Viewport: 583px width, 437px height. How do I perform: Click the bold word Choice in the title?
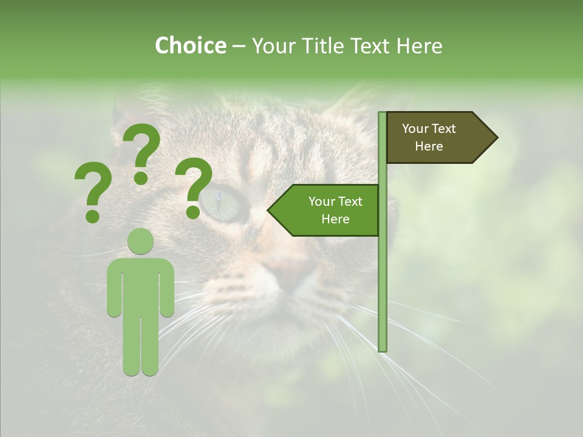tap(190, 46)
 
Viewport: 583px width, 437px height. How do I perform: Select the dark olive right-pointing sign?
tap(434, 137)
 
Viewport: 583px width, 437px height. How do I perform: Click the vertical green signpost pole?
tap(382, 273)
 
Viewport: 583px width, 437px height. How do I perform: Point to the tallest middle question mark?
tap(141, 152)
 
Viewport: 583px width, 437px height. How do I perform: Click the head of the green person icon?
tap(140, 242)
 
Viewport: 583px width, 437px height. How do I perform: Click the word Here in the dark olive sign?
tap(429, 146)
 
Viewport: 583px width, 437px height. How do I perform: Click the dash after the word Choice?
tap(239, 46)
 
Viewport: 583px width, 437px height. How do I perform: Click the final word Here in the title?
tap(419, 46)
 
